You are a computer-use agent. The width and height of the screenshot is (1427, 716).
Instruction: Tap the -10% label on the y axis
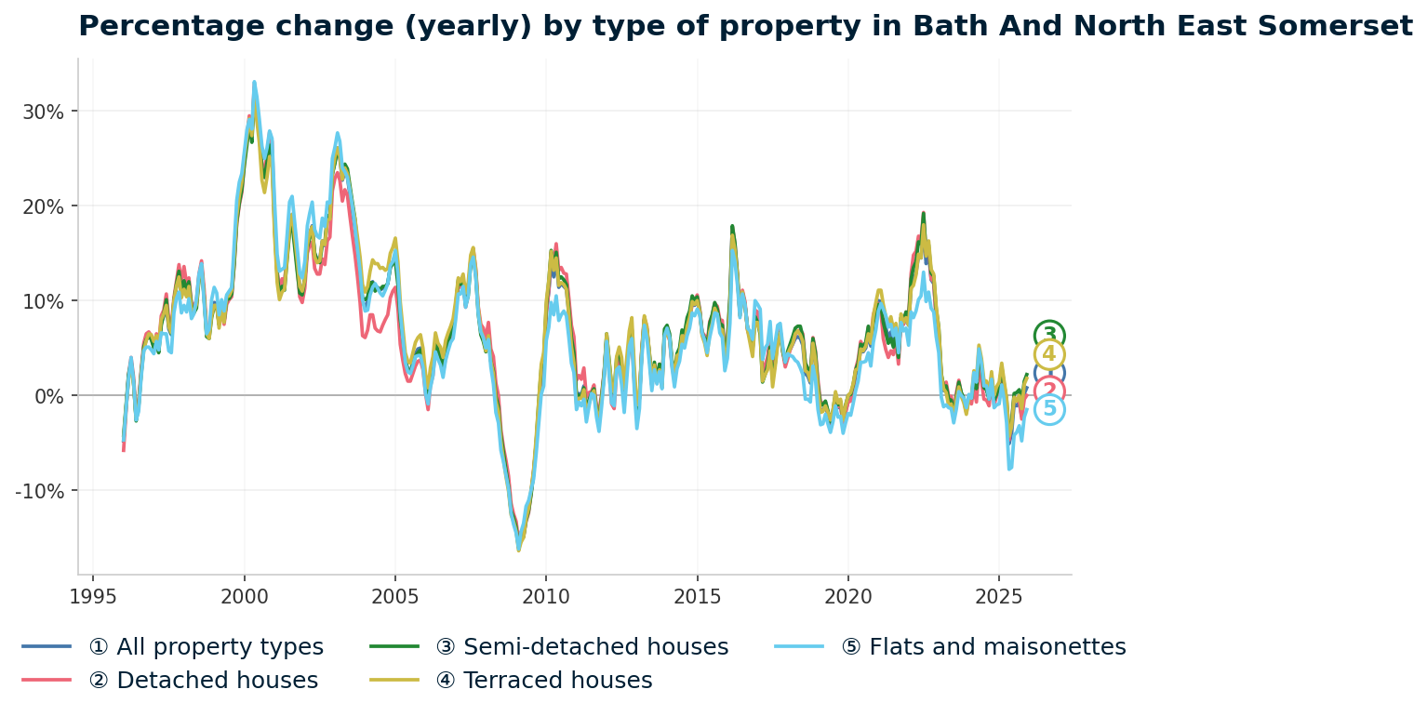(x=40, y=491)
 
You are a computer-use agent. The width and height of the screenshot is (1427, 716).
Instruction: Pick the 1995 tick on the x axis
(x=93, y=596)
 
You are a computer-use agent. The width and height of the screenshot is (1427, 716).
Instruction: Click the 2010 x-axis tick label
(x=545, y=596)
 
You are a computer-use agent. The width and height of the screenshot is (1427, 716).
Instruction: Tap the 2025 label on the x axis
(x=998, y=596)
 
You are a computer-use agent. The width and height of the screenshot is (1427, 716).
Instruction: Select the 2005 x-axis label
(x=394, y=596)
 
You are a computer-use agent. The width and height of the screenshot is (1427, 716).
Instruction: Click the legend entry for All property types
(x=206, y=647)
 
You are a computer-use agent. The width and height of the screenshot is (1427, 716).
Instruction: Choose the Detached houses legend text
(x=203, y=681)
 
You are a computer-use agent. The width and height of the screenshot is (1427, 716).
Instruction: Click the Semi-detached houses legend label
(x=581, y=647)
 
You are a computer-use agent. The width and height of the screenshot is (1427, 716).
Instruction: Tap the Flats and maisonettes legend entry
(x=983, y=647)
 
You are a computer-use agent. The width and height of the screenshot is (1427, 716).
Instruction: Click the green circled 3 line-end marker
(x=1049, y=336)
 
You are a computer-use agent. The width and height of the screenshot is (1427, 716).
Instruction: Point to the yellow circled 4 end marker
(x=1049, y=355)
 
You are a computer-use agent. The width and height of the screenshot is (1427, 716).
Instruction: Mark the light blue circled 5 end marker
(x=1049, y=409)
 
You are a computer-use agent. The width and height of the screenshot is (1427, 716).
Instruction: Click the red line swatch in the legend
(x=47, y=681)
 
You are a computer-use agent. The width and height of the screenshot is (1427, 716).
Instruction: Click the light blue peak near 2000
(x=254, y=82)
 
